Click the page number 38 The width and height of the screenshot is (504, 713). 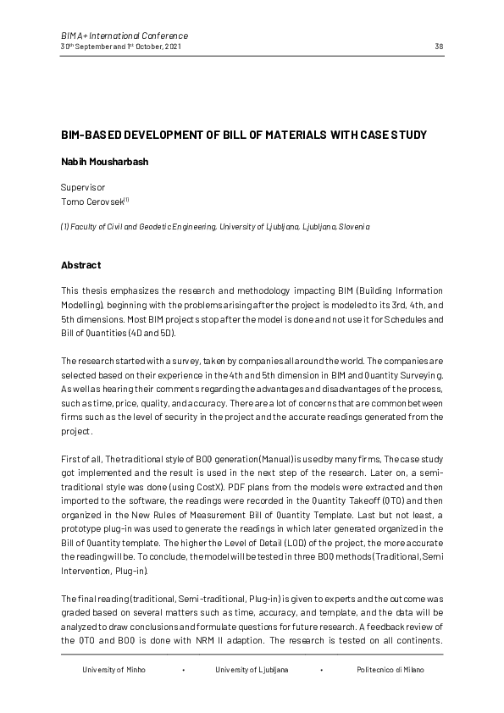click(439, 46)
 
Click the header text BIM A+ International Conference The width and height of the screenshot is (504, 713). click(125, 36)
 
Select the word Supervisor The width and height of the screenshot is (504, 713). click(82, 186)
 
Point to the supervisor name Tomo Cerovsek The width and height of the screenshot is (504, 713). click(93, 201)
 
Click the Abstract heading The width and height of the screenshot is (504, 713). click(80, 265)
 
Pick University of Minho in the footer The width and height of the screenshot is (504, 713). click(114, 669)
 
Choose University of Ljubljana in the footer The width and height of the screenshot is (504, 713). click(252, 669)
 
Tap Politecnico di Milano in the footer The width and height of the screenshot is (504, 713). click(390, 669)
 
